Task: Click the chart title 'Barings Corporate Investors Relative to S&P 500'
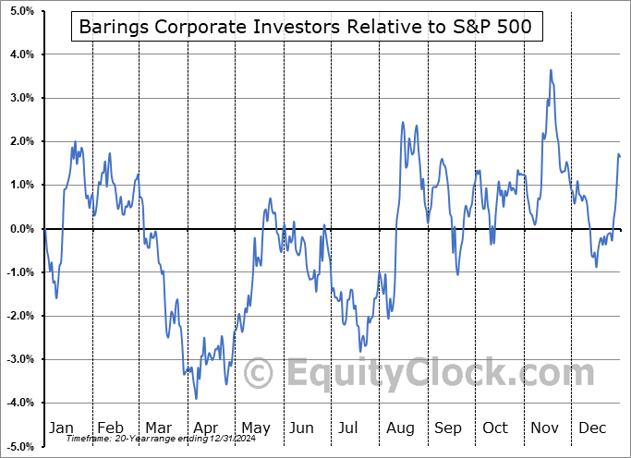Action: coord(306,27)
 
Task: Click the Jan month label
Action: coord(61,428)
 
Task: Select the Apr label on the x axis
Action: coord(206,428)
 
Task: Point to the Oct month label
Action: coord(496,428)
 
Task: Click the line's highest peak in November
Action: coord(551,69)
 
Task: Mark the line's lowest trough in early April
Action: coord(196,398)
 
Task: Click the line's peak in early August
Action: coord(403,122)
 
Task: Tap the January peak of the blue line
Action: coord(75,141)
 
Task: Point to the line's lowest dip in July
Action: coord(361,352)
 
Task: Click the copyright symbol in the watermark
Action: coord(259,374)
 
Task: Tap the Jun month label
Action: coord(302,428)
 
